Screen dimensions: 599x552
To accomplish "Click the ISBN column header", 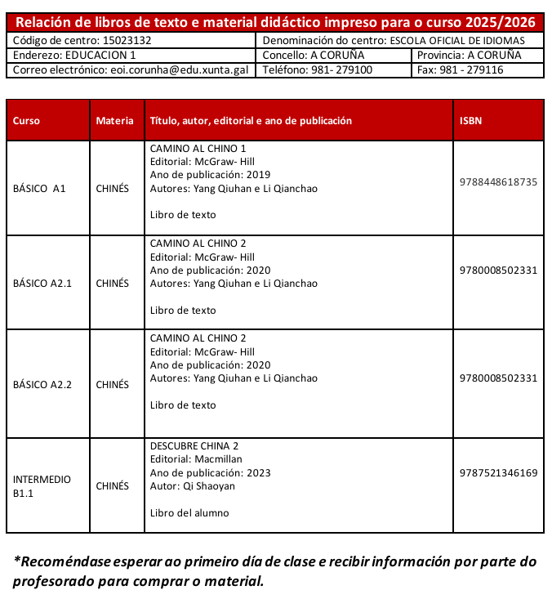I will click(x=471, y=120).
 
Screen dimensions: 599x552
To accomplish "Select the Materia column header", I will click(x=114, y=120).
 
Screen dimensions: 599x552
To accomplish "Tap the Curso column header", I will click(x=26, y=120).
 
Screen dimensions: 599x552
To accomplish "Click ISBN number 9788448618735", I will click(x=498, y=181).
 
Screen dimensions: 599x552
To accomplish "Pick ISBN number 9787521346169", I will click(x=498, y=472).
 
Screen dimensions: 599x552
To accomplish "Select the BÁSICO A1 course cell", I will click(x=39, y=189).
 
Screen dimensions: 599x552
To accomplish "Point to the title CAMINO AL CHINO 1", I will click(x=198, y=149).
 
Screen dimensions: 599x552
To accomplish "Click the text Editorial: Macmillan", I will click(x=196, y=459).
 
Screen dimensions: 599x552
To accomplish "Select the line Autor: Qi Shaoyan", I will click(x=193, y=486).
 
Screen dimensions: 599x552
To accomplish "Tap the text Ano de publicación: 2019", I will click(x=211, y=175).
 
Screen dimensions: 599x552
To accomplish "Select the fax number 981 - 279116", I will click(x=472, y=70).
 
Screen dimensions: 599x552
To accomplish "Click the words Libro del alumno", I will click(x=190, y=513).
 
